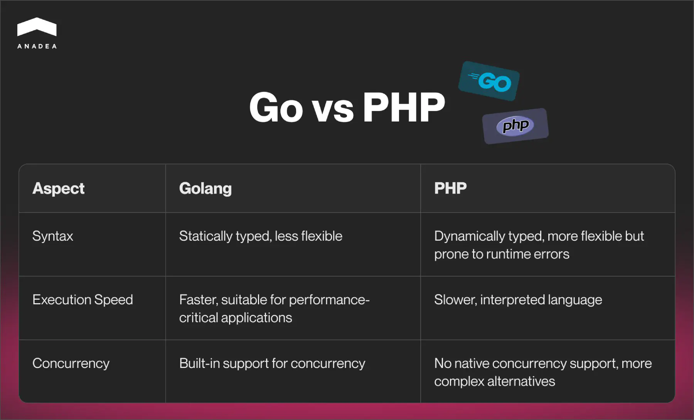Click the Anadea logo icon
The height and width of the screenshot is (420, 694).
tap(37, 27)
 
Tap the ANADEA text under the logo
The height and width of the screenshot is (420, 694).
tap(37, 46)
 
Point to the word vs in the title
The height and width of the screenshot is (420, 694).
tap(332, 110)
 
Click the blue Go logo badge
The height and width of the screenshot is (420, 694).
tap(489, 81)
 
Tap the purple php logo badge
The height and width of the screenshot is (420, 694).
tap(515, 126)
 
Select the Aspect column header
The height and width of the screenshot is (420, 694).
tap(58, 189)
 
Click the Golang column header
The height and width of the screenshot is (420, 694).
tap(205, 189)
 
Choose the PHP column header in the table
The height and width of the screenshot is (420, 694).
tap(450, 188)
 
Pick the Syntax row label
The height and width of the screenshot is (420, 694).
tap(52, 236)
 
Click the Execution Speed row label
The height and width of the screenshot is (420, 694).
tap(83, 300)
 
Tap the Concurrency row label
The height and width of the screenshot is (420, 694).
tap(71, 363)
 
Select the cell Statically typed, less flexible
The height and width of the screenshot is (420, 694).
tap(260, 236)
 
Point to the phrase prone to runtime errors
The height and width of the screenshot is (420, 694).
tap(501, 254)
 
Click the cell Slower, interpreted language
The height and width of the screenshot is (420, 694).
tap(518, 300)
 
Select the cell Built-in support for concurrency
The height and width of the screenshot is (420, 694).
tap(272, 363)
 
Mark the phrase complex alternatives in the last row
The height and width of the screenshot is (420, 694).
tap(494, 381)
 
